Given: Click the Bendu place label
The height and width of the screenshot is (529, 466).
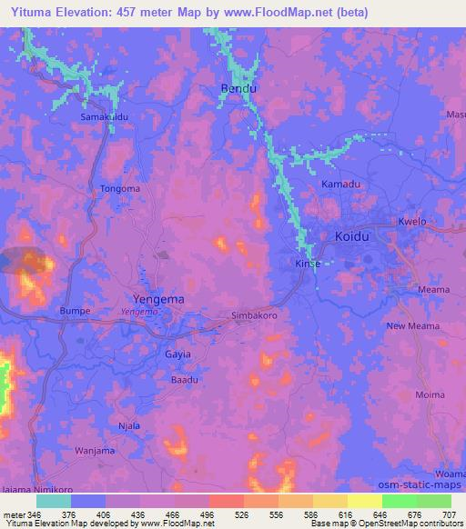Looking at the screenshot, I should pos(238,89).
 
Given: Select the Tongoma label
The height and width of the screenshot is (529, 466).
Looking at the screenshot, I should pos(120,189).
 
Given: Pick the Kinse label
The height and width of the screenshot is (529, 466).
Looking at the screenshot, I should pos(309,264).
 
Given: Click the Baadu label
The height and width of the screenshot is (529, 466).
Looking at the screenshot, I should pos(185,380).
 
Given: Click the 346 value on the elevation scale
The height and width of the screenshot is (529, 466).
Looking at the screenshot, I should pos(36,513).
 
